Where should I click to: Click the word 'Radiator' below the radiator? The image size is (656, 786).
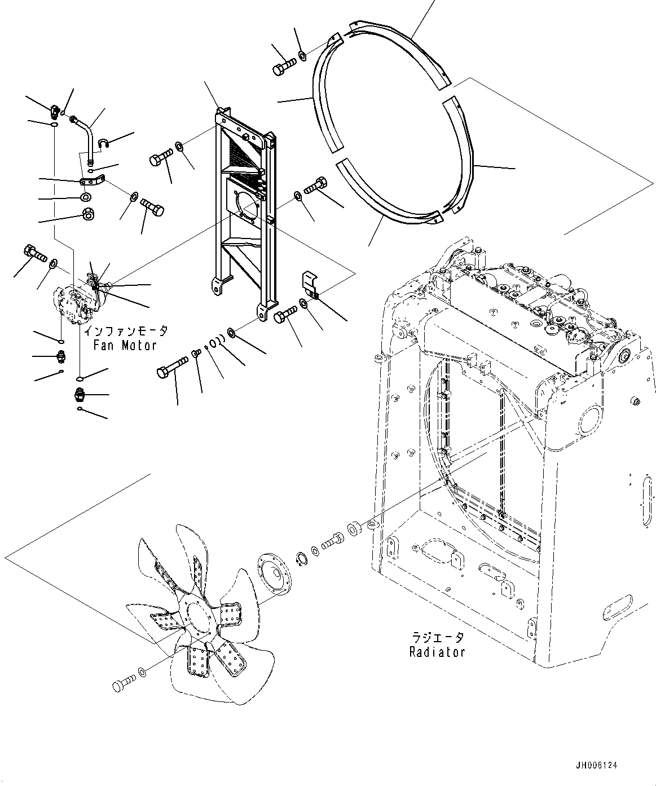coord(437,652)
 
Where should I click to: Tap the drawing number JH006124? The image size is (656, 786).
coord(596,766)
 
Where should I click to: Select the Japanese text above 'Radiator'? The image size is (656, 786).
coord(437,638)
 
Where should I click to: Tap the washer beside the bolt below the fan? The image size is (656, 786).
coord(142,672)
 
